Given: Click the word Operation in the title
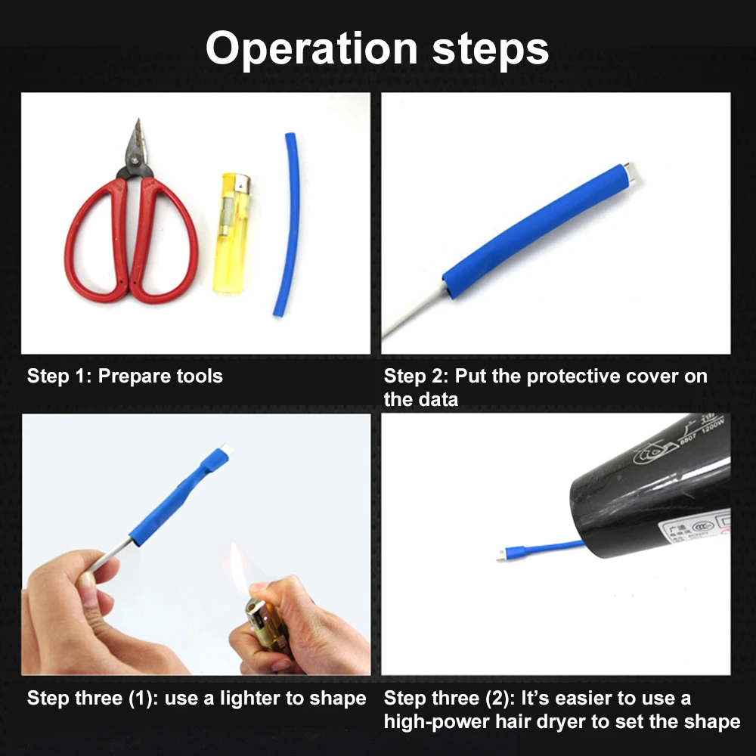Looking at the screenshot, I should (311, 49).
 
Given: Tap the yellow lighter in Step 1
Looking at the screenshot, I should (231, 234).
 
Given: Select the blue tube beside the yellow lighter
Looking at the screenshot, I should (288, 227).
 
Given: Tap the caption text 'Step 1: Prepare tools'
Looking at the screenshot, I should (125, 376).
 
